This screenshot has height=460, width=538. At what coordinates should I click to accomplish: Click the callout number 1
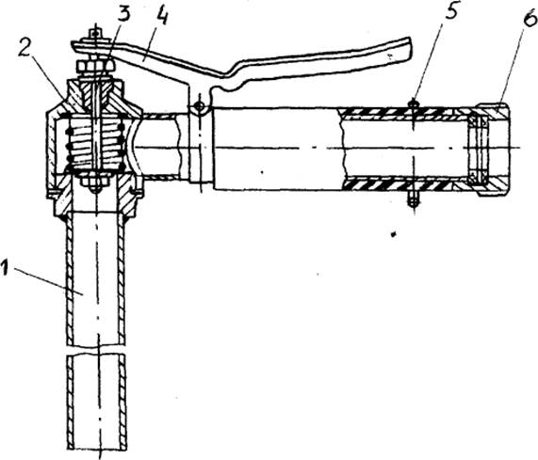click(5, 267)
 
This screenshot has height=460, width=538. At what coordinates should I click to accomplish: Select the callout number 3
click(124, 15)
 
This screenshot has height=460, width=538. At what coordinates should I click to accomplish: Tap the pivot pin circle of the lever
click(199, 107)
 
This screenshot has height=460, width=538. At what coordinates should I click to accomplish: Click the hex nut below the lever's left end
click(96, 66)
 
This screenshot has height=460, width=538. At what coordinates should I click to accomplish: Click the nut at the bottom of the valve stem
click(95, 182)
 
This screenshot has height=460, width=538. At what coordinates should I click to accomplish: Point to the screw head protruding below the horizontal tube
click(414, 200)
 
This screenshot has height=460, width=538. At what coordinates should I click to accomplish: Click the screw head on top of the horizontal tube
click(414, 103)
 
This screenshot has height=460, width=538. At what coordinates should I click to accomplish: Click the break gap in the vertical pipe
click(96, 350)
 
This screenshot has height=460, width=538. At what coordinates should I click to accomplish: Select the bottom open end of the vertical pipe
click(97, 449)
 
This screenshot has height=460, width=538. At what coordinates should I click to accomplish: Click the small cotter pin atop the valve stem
click(96, 34)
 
